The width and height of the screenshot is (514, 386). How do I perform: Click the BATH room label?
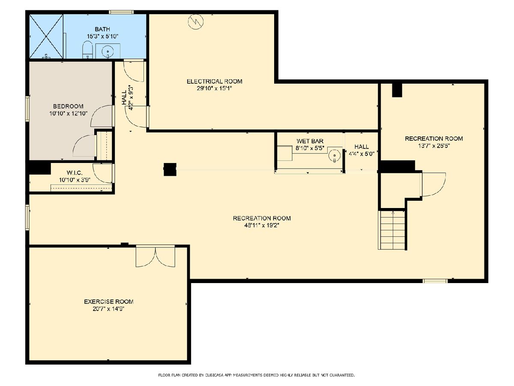point(102,29)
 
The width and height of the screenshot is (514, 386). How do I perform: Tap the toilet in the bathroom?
point(87,49)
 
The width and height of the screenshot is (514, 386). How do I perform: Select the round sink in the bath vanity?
point(108,51)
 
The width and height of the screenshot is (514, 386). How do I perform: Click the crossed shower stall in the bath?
point(46,36)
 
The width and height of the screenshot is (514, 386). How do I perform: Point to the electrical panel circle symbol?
point(196,21)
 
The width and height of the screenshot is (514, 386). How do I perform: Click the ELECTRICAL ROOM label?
point(214,81)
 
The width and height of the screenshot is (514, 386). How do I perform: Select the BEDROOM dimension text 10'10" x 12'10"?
point(69,114)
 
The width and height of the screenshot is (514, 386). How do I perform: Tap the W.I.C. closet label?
point(75,173)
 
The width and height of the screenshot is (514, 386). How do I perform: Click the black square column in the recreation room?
point(170,169)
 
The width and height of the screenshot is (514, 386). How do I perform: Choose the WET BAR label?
point(310,141)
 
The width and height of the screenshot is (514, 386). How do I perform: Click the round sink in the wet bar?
point(335,155)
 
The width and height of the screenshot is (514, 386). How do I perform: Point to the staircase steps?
point(392,230)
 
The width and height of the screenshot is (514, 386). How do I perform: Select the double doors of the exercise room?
point(155,256)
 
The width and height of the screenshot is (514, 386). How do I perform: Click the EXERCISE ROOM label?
point(109,302)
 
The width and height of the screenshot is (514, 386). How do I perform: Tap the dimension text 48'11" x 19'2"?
point(262,226)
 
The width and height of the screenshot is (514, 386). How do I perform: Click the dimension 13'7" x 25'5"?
point(434,146)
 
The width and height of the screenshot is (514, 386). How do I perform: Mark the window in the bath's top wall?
point(121,12)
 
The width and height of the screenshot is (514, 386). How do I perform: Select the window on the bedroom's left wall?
point(27,109)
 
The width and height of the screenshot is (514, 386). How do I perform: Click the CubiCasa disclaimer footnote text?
point(257,375)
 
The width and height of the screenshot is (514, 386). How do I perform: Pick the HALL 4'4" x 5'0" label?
point(362,150)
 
